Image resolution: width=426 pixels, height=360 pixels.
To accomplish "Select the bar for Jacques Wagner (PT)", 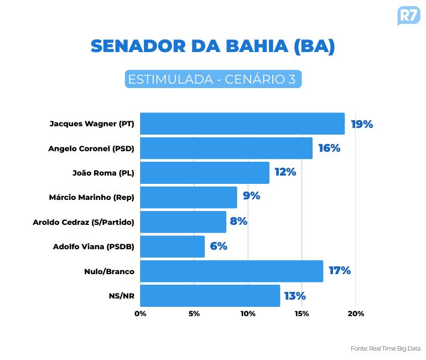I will pyautogui.click(x=242, y=124).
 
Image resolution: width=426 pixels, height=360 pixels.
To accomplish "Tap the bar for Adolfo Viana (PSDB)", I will pyautogui.click(x=172, y=246).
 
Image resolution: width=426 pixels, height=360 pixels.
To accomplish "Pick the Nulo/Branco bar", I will pyautogui.click(x=231, y=271).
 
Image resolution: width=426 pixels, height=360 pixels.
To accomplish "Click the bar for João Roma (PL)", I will pyautogui.click(x=205, y=173).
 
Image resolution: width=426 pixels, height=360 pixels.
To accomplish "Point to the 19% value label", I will pyautogui.click(x=362, y=124).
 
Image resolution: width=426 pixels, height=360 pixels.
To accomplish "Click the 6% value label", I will pyautogui.click(x=219, y=246).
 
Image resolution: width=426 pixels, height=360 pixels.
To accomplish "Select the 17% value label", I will pyautogui.click(x=340, y=271).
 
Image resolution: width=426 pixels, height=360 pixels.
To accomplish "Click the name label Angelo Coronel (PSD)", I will pyautogui.click(x=91, y=148).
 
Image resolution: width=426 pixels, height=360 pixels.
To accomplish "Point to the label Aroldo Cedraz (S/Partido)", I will pyautogui.click(x=84, y=222).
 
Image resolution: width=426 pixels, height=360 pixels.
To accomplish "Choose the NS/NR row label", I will pyautogui.click(x=122, y=296).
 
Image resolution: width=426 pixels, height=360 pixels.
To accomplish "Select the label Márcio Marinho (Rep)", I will pyautogui.click(x=92, y=197).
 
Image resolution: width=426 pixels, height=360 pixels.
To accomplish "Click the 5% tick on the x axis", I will pyautogui.click(x=194, y=314).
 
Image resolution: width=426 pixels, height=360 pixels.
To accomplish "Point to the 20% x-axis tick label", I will pyautogui.click(x=356, y=314).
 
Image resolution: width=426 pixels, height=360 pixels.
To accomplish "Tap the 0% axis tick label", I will pyautogui.click(x=141, y=314).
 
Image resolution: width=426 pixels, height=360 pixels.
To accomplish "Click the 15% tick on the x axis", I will pyautogui.click(x=302, y=314).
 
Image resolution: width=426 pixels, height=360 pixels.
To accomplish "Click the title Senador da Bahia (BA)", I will pyautogui.click(x=213, y=47).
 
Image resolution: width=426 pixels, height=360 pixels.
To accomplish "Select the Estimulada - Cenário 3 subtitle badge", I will pyautogui.click(x=213, y=79).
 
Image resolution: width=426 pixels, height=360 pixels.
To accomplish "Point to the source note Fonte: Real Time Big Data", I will pyautogui.click(x=386, y=349).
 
